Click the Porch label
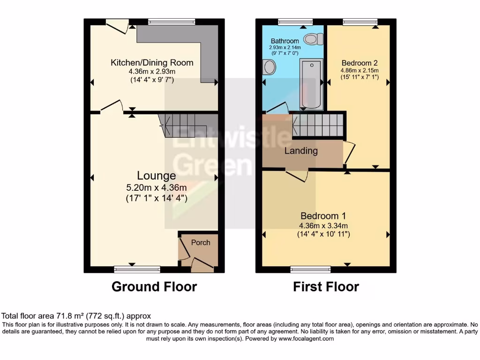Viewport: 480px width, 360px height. (x=201, y=242)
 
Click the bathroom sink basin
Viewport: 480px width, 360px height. (x=269, y=67)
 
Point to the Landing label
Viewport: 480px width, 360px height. (x=301, y=151)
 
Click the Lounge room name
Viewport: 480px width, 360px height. (x=157, y=176)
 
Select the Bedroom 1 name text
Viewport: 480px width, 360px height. (x=323, y=216)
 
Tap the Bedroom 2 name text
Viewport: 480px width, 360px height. (x=360, y=63)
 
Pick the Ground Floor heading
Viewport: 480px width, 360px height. (x=154, y=286)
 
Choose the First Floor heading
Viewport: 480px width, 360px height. (x=326, y=286)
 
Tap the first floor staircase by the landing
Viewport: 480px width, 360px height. (x=318, y=125)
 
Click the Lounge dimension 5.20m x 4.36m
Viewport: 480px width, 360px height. (x=157, y=187)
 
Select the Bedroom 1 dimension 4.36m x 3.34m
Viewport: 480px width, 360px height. (x=323, y=226)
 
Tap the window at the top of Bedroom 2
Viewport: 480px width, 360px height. (x=360, y=22)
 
